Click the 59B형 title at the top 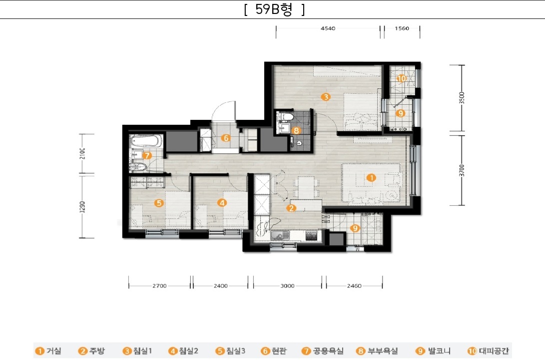[274, 9]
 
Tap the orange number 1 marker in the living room [371, 178]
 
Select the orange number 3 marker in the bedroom [326, 96]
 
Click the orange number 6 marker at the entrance [226, 138]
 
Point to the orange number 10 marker [402, 78]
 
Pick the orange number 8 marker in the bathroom [296, 131]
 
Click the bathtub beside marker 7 [146, 141]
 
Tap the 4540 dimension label [328, 28]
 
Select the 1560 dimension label [402, 28]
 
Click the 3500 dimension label [462, 98]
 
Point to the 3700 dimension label [462, 170]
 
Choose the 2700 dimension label [159, 286]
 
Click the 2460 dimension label [354, 286]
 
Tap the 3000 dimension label [287, 286]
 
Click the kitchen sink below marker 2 [280, 236]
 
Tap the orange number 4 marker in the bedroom [222, 202]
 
